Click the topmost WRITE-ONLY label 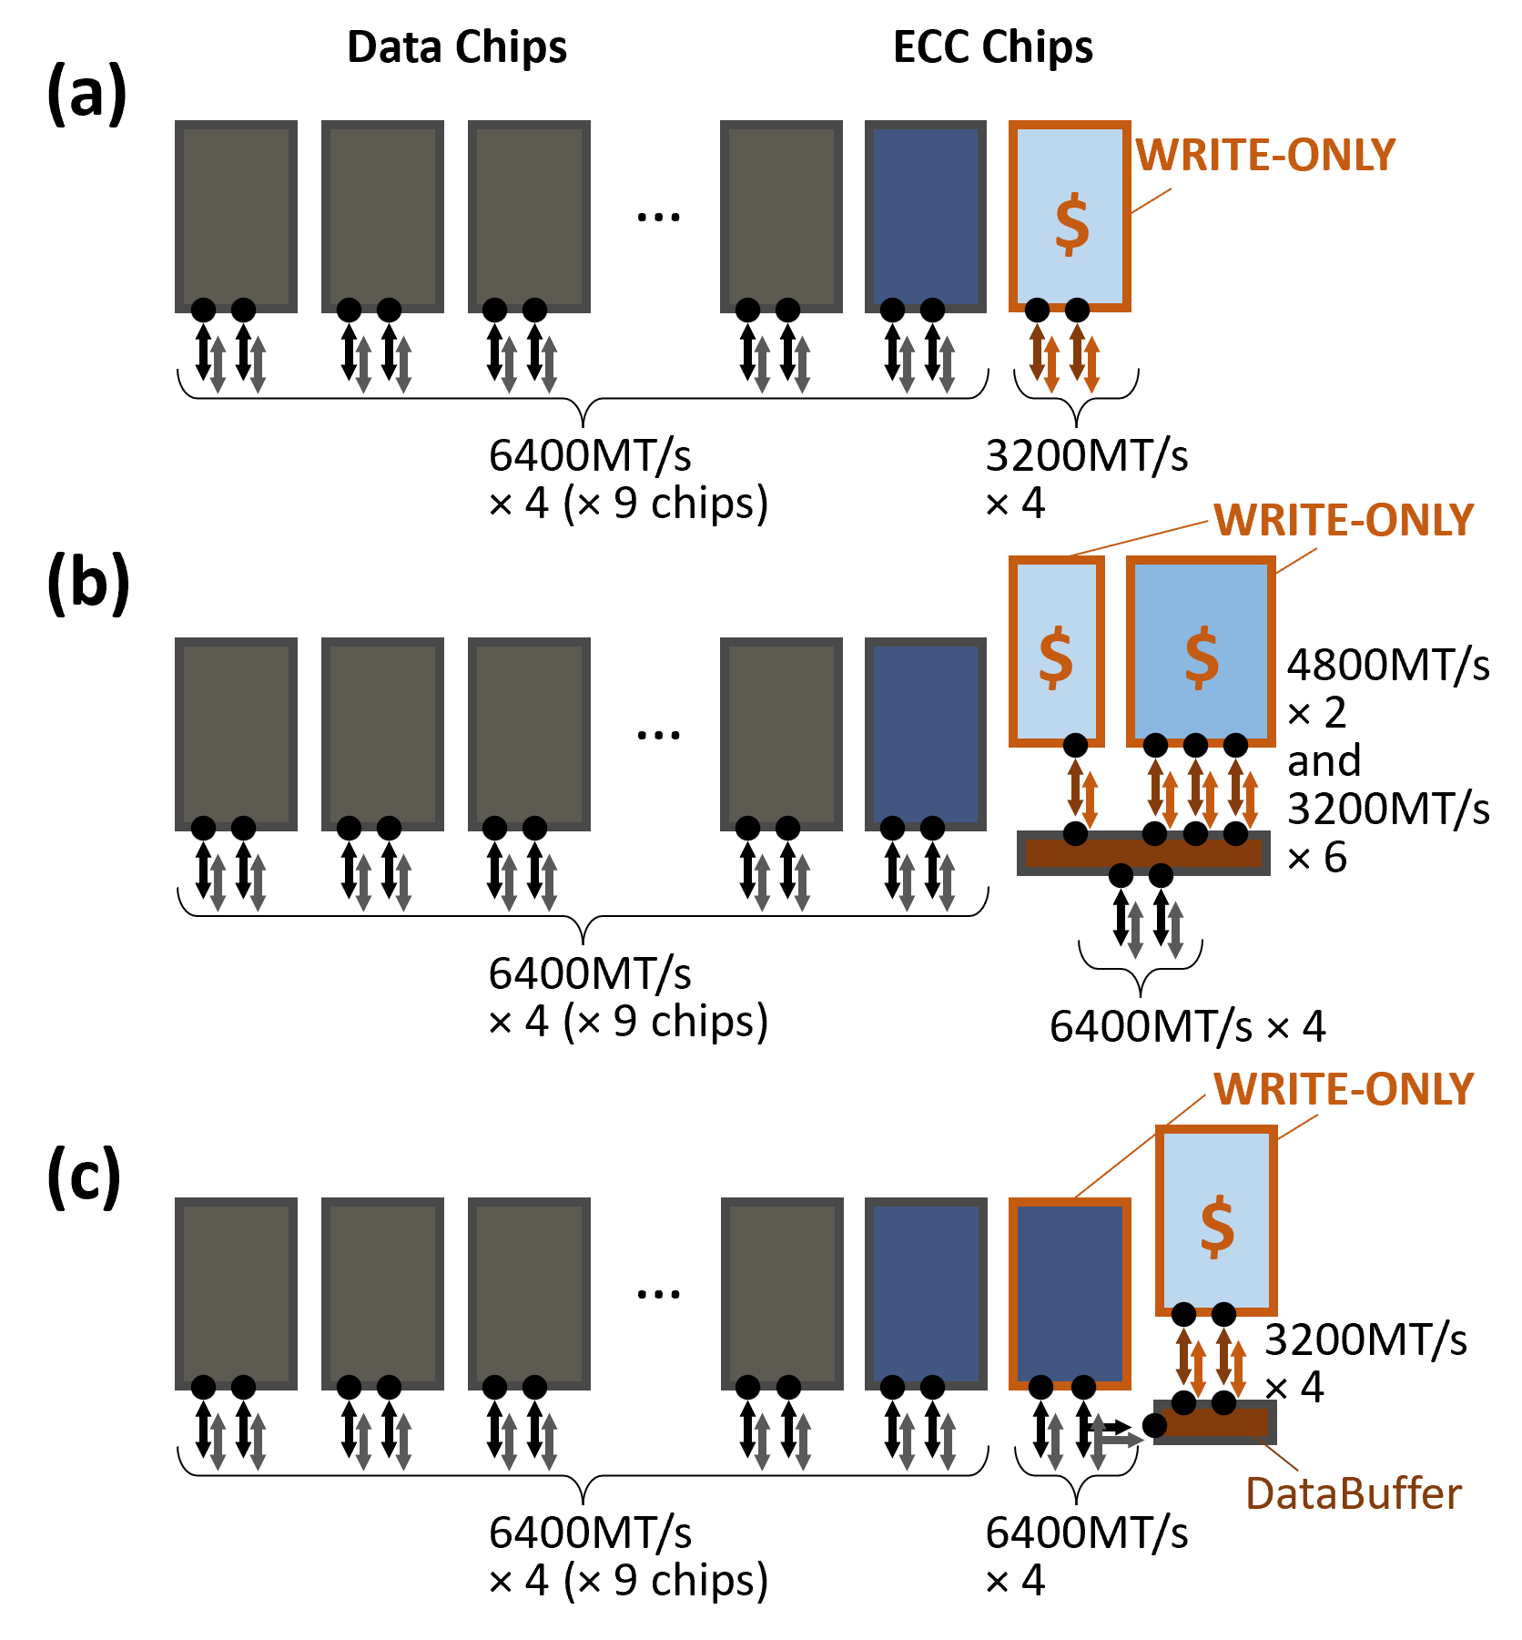1264,156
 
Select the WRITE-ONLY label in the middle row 1343,521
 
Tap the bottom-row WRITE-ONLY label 1343,1090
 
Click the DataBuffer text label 1353,1494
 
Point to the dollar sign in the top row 1071,223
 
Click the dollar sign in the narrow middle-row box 1056,657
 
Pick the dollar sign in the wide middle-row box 1202,657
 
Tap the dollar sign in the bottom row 1217,1226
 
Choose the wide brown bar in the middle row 1143,853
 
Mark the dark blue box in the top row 925,217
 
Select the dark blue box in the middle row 925,734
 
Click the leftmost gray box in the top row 236,217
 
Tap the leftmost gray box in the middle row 236,734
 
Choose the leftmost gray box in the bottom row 236,1293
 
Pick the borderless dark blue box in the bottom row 925,1293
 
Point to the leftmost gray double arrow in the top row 218,364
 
